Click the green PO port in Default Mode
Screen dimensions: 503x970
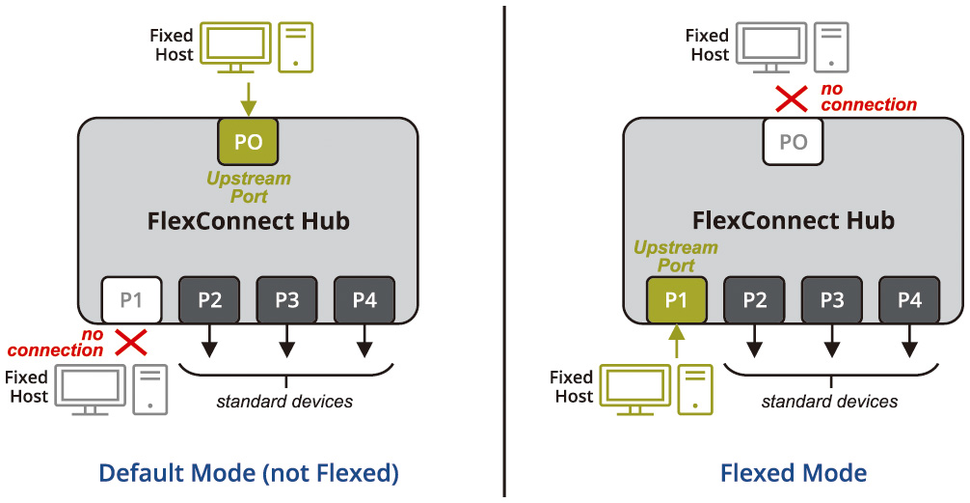pos(248,141)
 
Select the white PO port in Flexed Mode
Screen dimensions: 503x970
pos(793,141)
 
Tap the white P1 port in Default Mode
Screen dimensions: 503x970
pos(131,299)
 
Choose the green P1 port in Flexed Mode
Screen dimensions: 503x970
pos(677,299)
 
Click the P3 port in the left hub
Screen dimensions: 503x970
pos(286,299)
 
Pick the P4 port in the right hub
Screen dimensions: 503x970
pos(909,299)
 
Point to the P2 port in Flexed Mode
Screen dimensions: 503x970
pos(755,299)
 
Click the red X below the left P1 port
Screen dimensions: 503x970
pos(131,340)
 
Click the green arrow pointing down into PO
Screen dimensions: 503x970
pos(248,98)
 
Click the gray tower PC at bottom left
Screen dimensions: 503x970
pos(149,389)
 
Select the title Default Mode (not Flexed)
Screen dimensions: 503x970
pos(249,473)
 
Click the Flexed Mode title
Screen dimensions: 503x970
pos(794,473)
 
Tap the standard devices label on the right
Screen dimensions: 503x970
pos(829,401)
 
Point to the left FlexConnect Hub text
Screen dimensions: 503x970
pos(248,221)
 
